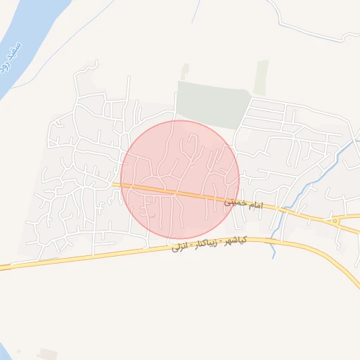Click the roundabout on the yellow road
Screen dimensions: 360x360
tap(336, 221)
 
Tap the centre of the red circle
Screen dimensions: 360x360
tap(180, 180)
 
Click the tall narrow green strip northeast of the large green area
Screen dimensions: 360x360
tap(262, 77)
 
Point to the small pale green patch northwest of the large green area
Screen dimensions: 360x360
tap(185, 71)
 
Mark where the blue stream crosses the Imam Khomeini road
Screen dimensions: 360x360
tap(283, 210)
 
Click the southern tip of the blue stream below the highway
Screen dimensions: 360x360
tap(274, 256)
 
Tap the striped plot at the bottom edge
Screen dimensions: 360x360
tap(47, 354)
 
